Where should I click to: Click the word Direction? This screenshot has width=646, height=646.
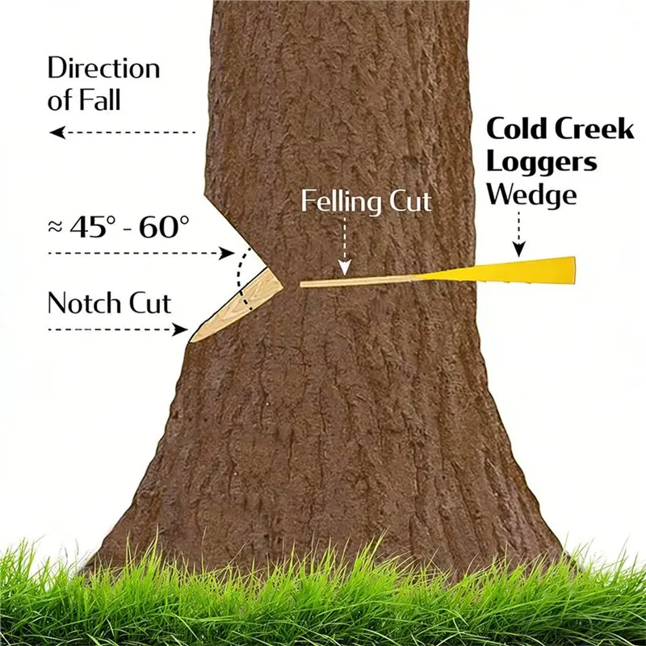click(104, 68)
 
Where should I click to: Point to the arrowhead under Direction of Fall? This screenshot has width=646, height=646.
click(57, 132)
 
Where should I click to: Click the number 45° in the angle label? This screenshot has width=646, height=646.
click(90, 226)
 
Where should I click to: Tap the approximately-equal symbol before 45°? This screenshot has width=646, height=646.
click(55, 227)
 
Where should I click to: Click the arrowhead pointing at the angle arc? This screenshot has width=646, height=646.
click(227, 253)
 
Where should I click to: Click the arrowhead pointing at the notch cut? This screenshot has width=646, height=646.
click(180, 329)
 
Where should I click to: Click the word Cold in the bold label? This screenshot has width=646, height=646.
click(517, 128)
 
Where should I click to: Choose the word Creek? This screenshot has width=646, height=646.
click(594, 128)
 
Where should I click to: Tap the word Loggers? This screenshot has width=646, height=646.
click(542, 162)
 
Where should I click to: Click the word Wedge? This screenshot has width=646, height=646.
click(531, 194)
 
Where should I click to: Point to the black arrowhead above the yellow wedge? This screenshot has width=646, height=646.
click(519, 250)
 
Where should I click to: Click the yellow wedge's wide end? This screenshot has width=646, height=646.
click(573, 271)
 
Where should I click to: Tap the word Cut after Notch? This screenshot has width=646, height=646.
click(150, 304)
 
